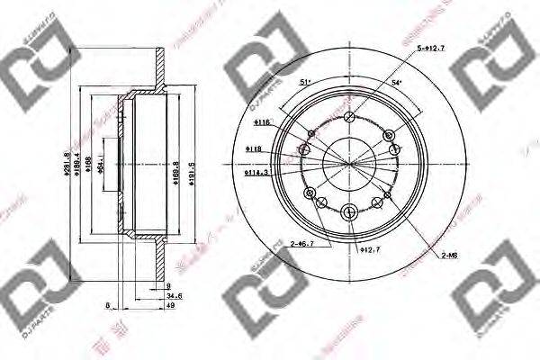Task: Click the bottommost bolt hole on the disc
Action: click(x=348, y=212)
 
